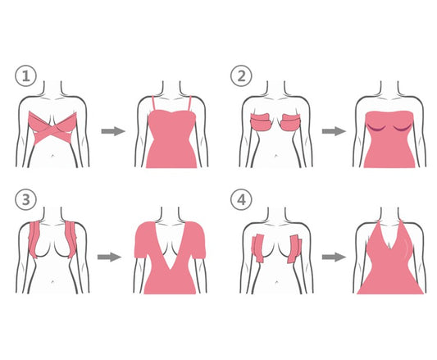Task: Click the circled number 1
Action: [25, 75]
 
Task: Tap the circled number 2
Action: [241, 75]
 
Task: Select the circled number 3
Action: [25, 199]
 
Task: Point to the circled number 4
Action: [241, 199]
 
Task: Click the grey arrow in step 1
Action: [113, 131]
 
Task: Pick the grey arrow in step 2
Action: [334, 131]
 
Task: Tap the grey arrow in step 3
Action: [109, 257]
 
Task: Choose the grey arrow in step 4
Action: [334, 257]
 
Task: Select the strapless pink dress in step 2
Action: [389, 139]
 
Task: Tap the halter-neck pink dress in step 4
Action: [390, 267]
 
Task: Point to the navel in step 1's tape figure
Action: [53, 155]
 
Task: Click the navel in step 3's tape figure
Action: [53, 281]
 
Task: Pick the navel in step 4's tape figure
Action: [276, 281]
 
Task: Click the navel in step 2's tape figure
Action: [276, 155]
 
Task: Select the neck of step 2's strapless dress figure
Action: [389, 89]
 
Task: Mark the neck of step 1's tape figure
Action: [53, 89]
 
